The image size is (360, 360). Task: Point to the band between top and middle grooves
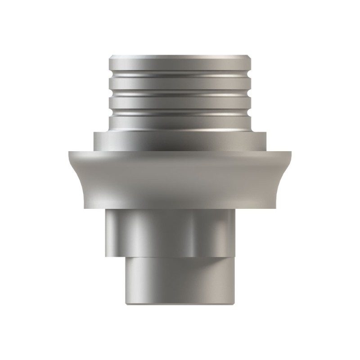click(x=180, y=82)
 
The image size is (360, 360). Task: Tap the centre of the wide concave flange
click(x=180, y=180)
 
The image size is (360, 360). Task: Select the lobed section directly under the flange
click(x=180, y=232)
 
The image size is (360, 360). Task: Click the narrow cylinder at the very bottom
click(x=180, y=281)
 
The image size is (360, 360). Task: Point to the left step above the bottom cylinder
click(x=115, y=256)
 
